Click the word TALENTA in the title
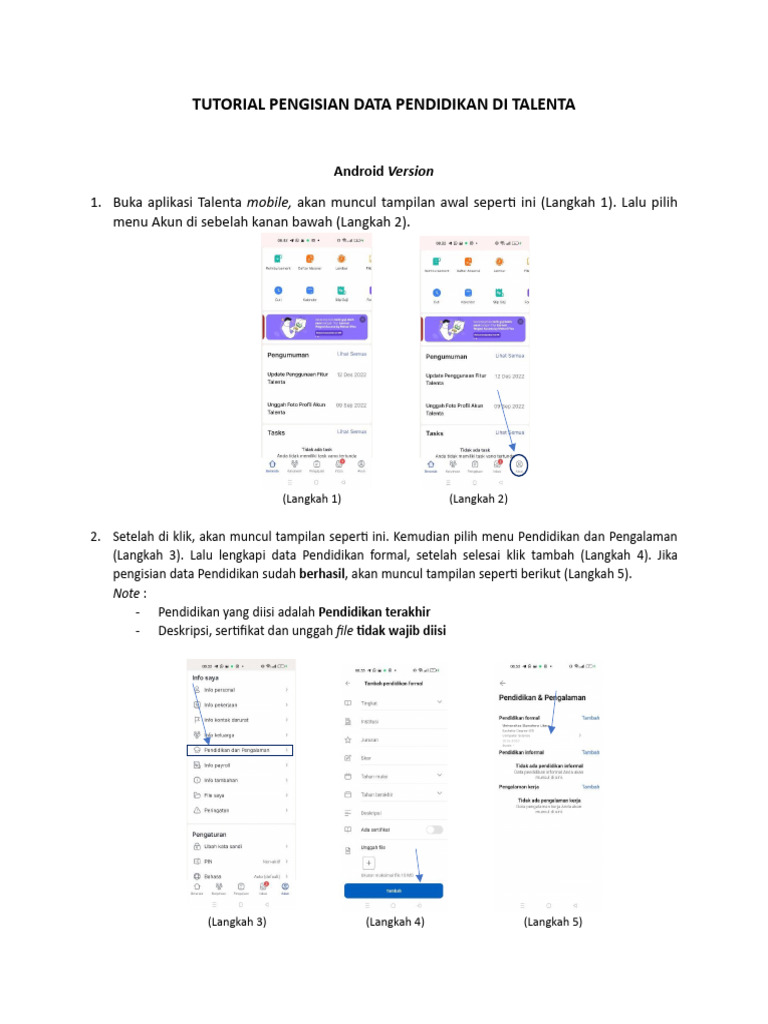(x=540, y=104)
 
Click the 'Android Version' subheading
(x=383, y=170)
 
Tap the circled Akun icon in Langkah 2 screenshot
(x=520, y=465)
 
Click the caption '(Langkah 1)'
(x=312, y=498)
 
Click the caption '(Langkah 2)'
(x=478, y=498)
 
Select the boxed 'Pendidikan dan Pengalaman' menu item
(x=241, y=749)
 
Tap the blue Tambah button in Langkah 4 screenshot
(x=393, y=889)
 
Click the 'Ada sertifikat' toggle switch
(x=434, y=829)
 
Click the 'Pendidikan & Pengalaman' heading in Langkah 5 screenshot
(x=541, y=696)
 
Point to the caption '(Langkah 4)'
(x=395, y=922)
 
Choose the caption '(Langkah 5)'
(x=553, y=922)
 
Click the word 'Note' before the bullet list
(x=126, y=593)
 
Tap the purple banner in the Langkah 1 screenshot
(x=317, y=327)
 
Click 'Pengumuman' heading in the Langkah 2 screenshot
(x=447, y=355)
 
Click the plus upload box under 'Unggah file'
(x=369, y=862)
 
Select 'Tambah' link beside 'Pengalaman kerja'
(x=591, y=787)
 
